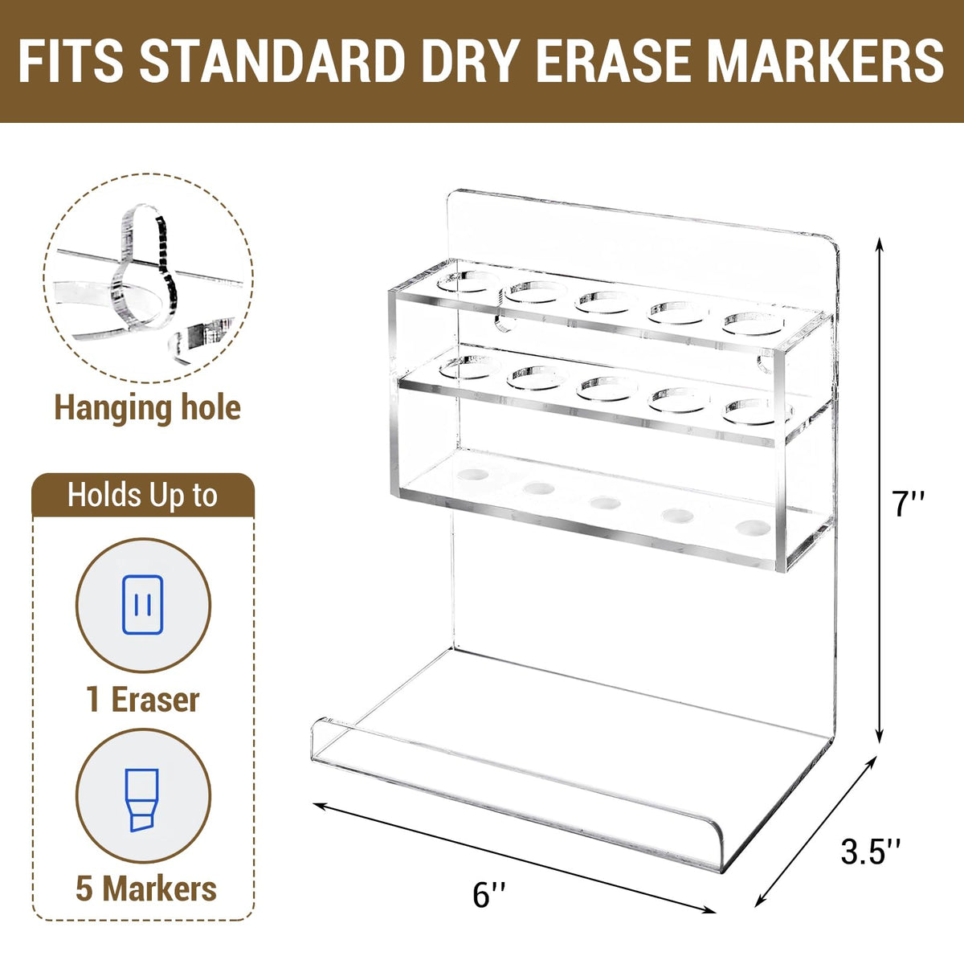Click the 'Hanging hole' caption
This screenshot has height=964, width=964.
click(148, 409)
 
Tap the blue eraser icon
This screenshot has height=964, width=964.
click(142, 605)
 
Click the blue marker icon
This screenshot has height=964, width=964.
click(144, 800)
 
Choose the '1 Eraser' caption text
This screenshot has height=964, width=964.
click(143, 700)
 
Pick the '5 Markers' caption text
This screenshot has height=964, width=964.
click(146, 889)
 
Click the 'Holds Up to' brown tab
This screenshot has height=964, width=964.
click(143, 496)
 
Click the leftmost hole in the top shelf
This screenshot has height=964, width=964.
click(465, 282)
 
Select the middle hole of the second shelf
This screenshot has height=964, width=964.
click(608, 389)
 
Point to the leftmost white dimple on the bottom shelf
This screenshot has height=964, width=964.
click(472, 473)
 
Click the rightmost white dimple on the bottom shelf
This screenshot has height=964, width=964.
click(754, 527)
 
